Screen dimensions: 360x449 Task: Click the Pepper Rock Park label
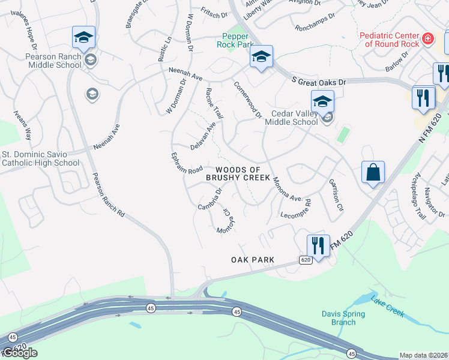tap(233, 40)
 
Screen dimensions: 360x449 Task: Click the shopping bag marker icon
tap(373, 173)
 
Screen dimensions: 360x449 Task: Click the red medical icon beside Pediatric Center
tap(427, 40)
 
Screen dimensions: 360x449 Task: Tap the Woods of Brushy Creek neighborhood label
tap(238, 174)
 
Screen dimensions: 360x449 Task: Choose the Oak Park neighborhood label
tap(253, 260)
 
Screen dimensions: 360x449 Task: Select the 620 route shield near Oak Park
tap(306, 260)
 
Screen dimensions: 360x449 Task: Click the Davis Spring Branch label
tap(339, 317)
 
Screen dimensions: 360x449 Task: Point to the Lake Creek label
tap(387, 306)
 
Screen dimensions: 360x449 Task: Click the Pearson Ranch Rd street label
tap(109, 195)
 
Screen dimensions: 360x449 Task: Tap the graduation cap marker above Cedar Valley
tap(322, 101)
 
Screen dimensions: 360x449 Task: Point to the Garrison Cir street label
tap(336, 196)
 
